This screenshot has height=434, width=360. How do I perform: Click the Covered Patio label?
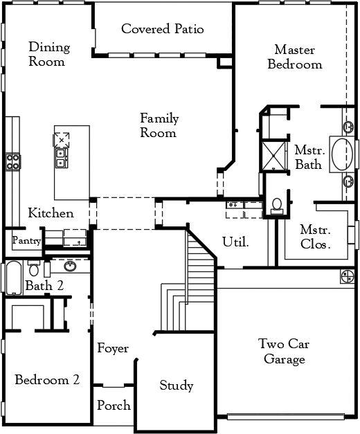(x=163, y=29)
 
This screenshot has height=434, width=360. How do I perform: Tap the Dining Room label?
(x=49, y=54)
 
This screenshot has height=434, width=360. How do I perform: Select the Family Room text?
(x=159, y=125)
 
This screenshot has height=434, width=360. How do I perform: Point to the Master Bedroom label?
(x=295, y=57)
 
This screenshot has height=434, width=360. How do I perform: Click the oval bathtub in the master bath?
(x=342, y=154)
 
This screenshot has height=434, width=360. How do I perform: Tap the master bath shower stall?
(x=273, y=156)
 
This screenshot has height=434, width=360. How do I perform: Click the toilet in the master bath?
(x=277, y=206)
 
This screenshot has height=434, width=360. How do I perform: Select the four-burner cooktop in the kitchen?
(x=12, y=162)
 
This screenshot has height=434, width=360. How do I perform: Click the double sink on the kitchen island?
(x=61, y=158)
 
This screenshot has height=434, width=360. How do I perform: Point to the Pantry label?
(x=27, y=240)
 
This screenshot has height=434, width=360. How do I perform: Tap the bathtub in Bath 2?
(x=13, y=278)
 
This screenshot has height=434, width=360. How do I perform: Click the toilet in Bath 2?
(x=34, y=268)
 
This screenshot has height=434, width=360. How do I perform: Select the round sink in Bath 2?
(x=70, y=266)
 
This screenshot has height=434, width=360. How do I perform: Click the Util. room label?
(x=236, y=242)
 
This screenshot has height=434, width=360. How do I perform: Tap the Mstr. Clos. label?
(x=316, y=237)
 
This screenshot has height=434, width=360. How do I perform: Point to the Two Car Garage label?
(x=284, y=351)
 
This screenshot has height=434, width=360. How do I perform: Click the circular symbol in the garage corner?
(x=348, y=276)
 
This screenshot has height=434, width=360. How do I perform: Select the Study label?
(x=177, y=386)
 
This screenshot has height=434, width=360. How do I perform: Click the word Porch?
(x=114, y=405)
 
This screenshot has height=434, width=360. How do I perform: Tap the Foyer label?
(x=113, y=348)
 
